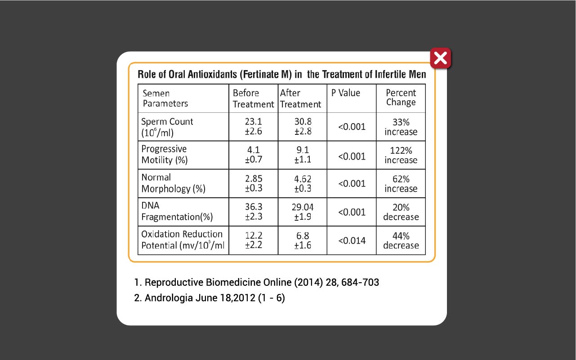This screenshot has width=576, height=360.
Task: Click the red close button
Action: [441, 58]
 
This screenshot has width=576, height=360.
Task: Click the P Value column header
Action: [346, 93]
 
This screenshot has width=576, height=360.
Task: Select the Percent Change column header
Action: [401, 98]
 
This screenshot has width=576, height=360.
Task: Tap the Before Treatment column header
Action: [253, 99]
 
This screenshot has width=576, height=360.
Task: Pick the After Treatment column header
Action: [300, 99]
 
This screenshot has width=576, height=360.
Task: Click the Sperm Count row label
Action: [167, 127]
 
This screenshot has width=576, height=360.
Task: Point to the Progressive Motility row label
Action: [165, 155]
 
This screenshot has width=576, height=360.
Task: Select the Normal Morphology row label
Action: [173, 183]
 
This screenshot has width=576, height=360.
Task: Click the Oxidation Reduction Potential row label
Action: [183, 240]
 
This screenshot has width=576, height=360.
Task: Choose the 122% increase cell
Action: [401, 155]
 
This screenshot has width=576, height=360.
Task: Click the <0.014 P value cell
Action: [352, 240]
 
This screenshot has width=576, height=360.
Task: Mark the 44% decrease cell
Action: [401, 240]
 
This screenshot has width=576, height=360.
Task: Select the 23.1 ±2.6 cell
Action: [253, 126]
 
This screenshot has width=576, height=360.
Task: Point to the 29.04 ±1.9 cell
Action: [303, 212]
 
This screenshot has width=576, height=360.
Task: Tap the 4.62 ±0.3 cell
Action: [303, 183]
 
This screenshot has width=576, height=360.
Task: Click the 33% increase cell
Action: [401, 127]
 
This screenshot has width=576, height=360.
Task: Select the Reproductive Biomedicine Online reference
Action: [256, 282]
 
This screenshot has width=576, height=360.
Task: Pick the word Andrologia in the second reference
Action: [169, 298]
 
